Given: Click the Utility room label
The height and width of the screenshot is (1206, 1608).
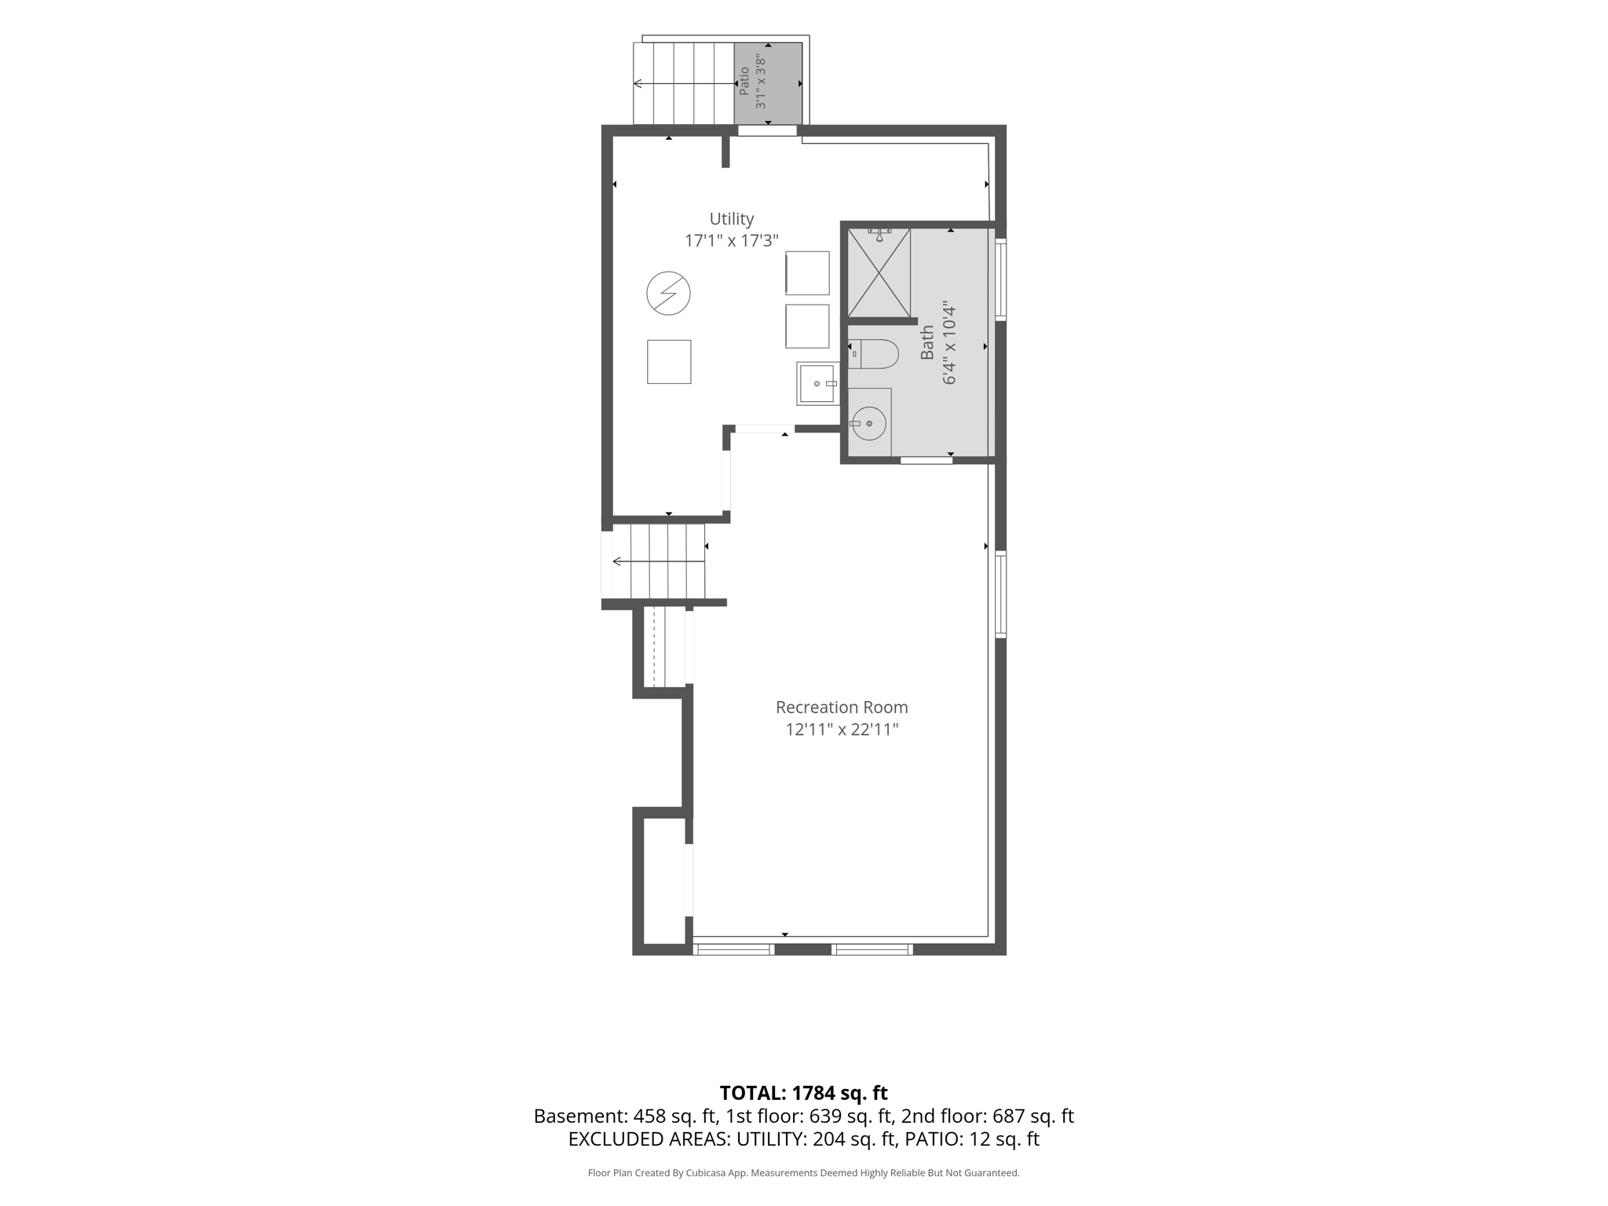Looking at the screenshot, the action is coord(732,219).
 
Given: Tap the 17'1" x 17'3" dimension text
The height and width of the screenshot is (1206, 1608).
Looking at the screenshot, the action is coord(732,241).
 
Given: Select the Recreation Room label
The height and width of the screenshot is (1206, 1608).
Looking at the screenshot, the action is coord(842,707).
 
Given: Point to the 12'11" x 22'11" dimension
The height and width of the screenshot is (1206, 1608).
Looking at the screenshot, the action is coord(842,729).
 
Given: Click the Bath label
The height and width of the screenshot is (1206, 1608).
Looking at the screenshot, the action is coord(927,343).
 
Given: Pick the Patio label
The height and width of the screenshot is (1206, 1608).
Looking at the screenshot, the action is coord(744,82).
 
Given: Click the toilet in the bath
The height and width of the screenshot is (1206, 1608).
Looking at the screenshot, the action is coord(873,354).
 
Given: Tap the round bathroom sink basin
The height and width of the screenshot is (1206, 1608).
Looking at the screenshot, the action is coord(869,424).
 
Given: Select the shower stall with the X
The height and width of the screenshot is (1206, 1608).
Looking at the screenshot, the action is coord(879,272).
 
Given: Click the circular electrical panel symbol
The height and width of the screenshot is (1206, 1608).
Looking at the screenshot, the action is coord(668,294).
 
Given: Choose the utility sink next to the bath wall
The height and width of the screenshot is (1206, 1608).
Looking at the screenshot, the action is coord(817,383).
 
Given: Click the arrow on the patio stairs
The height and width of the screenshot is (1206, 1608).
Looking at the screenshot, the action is coord(683,83).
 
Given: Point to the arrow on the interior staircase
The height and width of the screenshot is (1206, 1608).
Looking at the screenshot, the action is coord(659,561).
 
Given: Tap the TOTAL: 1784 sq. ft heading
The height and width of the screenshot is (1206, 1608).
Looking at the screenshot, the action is coord(803,1093).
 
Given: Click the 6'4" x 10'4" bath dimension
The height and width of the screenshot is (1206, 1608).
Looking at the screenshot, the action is coord(949,343).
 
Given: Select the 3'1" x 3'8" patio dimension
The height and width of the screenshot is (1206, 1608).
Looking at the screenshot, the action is coord(760,82).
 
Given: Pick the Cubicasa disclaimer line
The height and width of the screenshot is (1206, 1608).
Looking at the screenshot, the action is coord(803,1173).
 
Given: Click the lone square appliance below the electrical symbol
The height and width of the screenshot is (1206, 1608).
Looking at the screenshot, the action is coord(669,362).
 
